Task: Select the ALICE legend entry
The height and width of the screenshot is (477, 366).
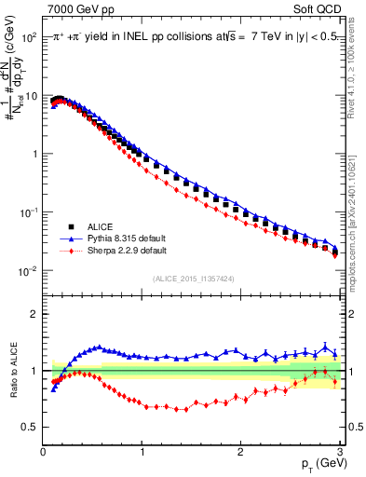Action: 98,226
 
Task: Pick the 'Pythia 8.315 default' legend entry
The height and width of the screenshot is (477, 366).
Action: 124,238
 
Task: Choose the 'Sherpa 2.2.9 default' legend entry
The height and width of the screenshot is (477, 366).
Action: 125,251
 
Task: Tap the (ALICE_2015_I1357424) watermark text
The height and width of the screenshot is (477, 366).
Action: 192,278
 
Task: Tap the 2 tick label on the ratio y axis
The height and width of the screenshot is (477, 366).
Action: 35,314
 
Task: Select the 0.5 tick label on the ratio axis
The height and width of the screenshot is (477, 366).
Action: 32,428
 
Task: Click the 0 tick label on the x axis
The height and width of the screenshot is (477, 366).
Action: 43,452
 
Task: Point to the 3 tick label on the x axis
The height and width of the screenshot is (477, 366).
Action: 338,452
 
